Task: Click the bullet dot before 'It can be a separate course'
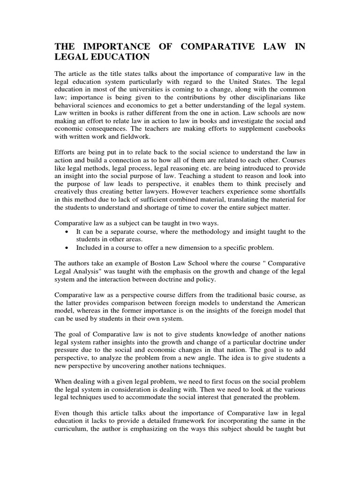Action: [x=69, y=232]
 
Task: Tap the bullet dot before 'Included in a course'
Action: [x=69, y=248]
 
